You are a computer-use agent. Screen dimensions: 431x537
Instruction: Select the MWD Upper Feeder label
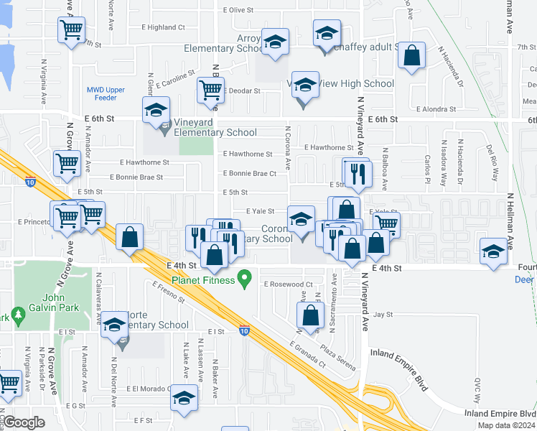coord(106,93)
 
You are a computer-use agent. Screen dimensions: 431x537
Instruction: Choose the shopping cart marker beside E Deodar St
coord(211,90)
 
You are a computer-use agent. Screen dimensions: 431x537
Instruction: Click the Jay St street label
coord(383,315)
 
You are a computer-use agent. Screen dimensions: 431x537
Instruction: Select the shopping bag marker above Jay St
coord(310,315)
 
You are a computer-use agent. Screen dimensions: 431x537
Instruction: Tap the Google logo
coord(24,422)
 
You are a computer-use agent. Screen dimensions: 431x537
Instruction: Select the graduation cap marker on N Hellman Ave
coord(493,251)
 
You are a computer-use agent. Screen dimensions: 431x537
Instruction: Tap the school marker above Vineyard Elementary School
coord(156,111)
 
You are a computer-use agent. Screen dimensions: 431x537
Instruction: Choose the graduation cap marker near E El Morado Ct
coord(185,398)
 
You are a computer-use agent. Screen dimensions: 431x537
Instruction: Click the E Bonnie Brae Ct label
coord(250,173)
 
